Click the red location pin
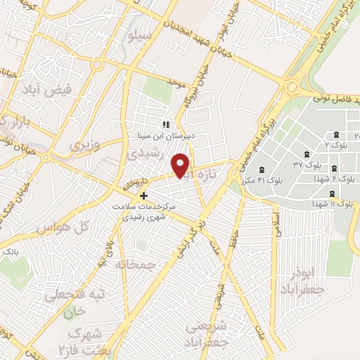pos(181,165)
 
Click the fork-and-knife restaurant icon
pos(166,124)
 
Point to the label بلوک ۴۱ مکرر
pos(262,181)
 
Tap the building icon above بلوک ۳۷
pos(307,154)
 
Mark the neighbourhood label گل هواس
pos(53,228)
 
